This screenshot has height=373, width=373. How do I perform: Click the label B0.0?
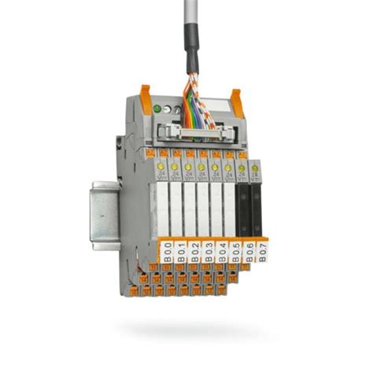(x=168, y=253)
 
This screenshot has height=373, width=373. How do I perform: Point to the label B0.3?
(x=208, y=253)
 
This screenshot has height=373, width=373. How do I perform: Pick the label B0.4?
(x=221, y=252)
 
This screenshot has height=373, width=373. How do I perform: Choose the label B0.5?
(x=235, y=251)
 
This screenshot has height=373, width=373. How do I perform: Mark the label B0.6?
(x=247, y=249)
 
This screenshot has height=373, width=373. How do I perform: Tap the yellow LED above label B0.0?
(x=161, y=166)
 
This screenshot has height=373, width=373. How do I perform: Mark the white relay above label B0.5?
(x=230, y=209)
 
